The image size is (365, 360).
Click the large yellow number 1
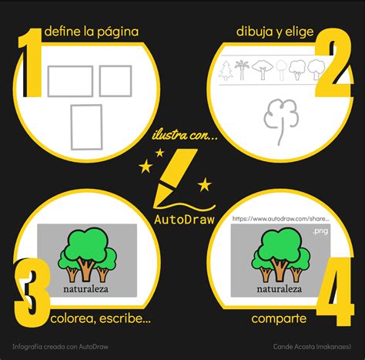31,63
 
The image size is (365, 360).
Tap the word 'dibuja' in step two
254,32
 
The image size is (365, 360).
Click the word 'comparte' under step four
279,318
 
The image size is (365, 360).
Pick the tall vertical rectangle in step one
86,126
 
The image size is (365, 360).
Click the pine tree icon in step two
226,70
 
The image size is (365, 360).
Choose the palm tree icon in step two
243,69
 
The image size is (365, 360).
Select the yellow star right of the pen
205,184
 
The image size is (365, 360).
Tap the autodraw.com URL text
282,220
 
